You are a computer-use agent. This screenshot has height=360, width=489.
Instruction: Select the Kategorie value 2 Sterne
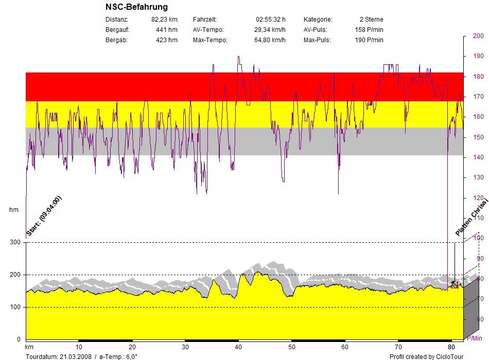point(371,20)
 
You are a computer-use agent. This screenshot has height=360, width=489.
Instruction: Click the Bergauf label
point(117,30)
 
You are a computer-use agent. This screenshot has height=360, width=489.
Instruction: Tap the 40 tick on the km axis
point(238,347)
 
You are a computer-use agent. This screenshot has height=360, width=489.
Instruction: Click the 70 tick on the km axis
point(398,347)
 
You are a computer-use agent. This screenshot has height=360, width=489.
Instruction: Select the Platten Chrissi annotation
point(470,219)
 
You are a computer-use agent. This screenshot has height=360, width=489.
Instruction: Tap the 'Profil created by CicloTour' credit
point(426,356)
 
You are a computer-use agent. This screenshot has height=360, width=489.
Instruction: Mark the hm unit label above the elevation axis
point(14,210)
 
